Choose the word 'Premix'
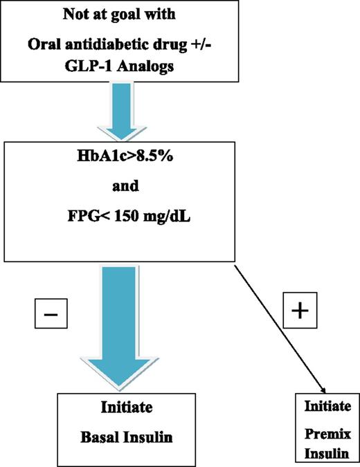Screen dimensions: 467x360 coord(327,429)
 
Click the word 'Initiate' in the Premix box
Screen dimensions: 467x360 coord(327,405)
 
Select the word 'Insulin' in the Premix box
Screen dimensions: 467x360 coord(327,450)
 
